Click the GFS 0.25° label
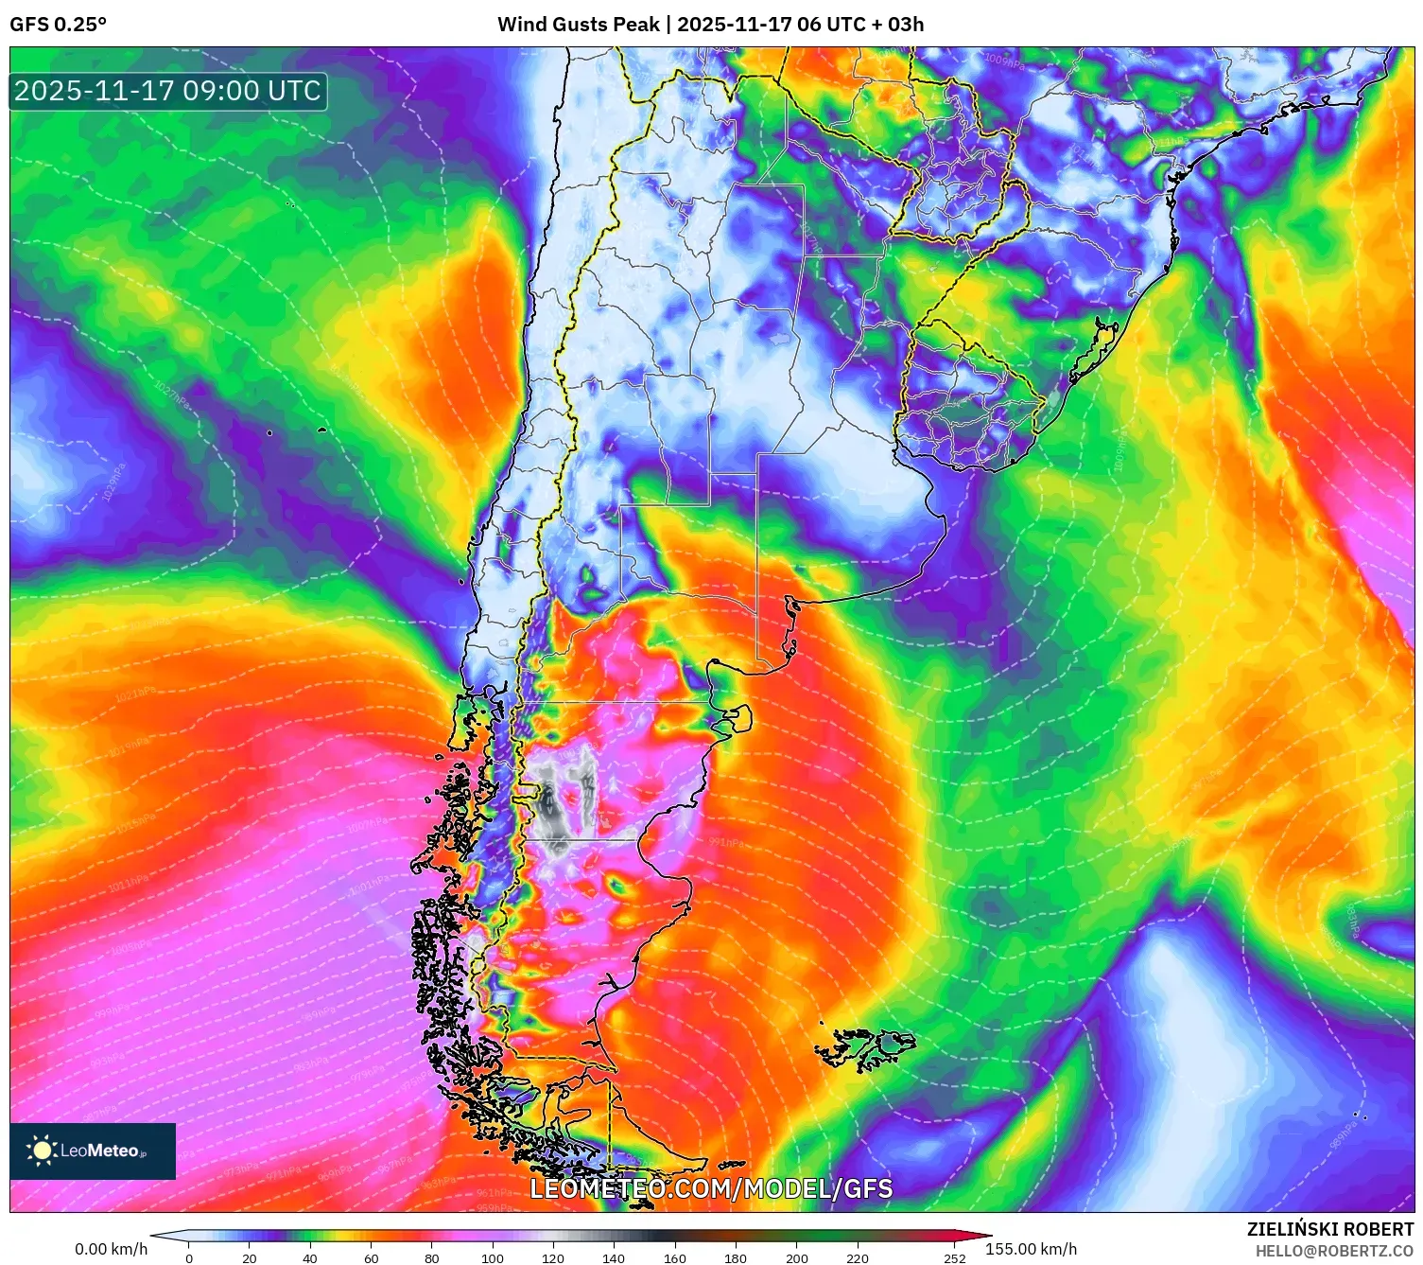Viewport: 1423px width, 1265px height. pyautogui.click(x=58, y=25)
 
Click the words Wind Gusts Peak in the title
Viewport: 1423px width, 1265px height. pyautogui.click(x=578, y=25)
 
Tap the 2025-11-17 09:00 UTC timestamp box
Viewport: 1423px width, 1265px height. pyautogui.click(x=168, y=92)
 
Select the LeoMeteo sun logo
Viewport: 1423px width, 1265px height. pyautogui.click(x=42, y=1151)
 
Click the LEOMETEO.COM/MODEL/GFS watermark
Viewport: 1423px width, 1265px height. pyautogui.click(x=711, y=1188)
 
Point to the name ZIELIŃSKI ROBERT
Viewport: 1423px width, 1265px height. pyautogui.click(x=1329, y=1230)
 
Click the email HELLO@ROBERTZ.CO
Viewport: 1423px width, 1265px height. pyautogui.click(x=1334, y=1251)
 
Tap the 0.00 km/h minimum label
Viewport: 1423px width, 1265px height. pyautogui.click(x=112, y=1249)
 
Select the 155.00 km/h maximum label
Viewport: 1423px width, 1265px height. pyautogui.click(x=1031, y=1249)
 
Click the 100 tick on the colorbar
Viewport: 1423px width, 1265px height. pyautogui.click(x=493, y=1258)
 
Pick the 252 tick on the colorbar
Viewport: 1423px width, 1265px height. pyautogui.click(x=955, y=1258)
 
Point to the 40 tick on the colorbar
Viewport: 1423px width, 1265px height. pyautogui.click(x=310, y=1258)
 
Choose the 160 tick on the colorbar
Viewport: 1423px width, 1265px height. pyautogui.click(x=675, y=1258)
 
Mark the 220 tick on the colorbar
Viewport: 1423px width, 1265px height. pyautogui.click(x=858, y=1258)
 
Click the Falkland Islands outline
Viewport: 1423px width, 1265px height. pyautogui.click(x=865, y=1048)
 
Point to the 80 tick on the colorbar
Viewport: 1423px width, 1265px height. pyautogui.click(x=432, y=1258)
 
